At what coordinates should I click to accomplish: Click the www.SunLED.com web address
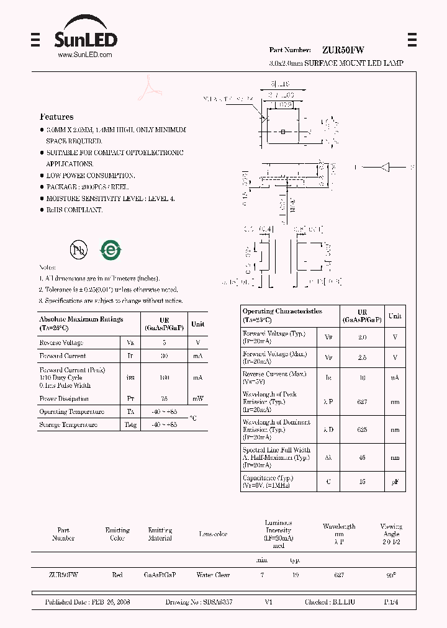[84, 55]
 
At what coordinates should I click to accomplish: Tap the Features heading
[56, 117]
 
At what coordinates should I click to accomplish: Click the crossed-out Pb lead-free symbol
[78, 250]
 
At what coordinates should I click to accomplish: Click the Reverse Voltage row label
[61, 343]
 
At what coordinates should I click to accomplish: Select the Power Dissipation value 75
[164, 399]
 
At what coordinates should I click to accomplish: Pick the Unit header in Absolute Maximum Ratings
[197, 324]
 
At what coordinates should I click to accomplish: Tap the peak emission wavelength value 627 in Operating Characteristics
[362, 401]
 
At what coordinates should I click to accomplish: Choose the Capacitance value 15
[362, 482]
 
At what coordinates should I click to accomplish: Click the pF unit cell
[395, 482]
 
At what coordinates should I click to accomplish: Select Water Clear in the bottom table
[213, 575]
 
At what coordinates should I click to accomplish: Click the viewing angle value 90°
[391, 575]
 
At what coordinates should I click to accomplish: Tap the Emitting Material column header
[160, 534]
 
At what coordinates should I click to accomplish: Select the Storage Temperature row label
[68, 425]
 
